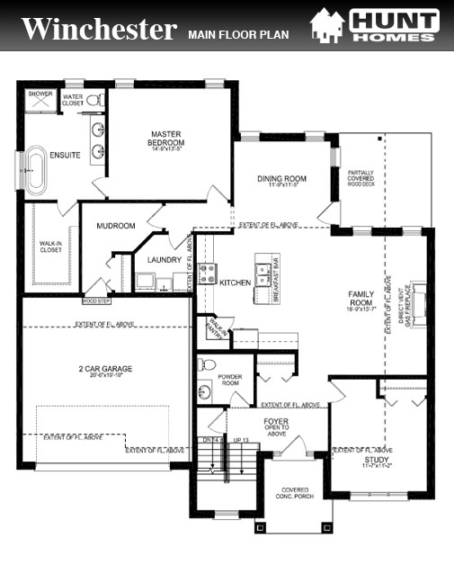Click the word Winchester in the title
tap(99, 29)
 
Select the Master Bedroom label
tap(167, 139)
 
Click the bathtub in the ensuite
tap(37, 169)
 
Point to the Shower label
tap(40, 94)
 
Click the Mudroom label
tap(115, 226)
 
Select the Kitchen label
tap(235, 283)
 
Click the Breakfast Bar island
tap(263, 283)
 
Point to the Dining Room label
tap(281, 179)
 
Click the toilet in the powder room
tap(207, 365)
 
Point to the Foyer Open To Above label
tap(276, 426)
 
